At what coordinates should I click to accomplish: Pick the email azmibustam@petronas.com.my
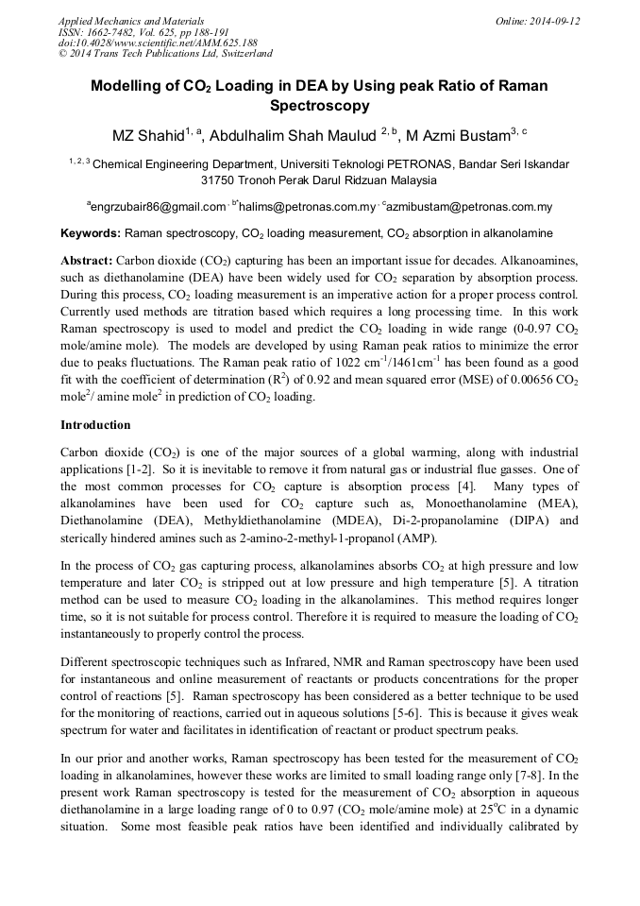click(x=473, y=206)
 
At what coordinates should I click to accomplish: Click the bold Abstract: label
click(x=87, y=259)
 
